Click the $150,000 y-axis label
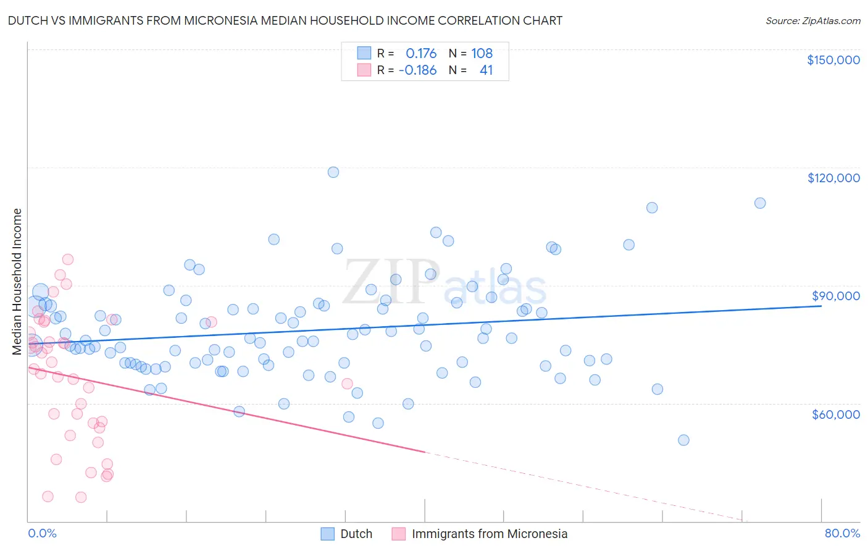coord(833,60)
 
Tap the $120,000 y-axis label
coord(833,178)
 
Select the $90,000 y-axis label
coord(835,296)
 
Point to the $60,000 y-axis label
coord(835,414)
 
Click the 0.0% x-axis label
coord(42,533)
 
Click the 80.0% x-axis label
coord(842,533)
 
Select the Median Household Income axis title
coord(17,282)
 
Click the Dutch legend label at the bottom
coord(356,534)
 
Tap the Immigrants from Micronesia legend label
coord(489,534)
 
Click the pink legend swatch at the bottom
coord(399,534)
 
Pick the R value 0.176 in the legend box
coord(421,53)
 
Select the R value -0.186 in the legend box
coord(418,70)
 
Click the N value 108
coord(482,53)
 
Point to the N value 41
coord(486,70)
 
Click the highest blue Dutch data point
coord(333,172)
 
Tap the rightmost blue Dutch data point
coord(760,203)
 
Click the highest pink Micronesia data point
coord(68,259)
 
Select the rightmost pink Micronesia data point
coord(347,384)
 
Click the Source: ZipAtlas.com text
coord(812,20)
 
